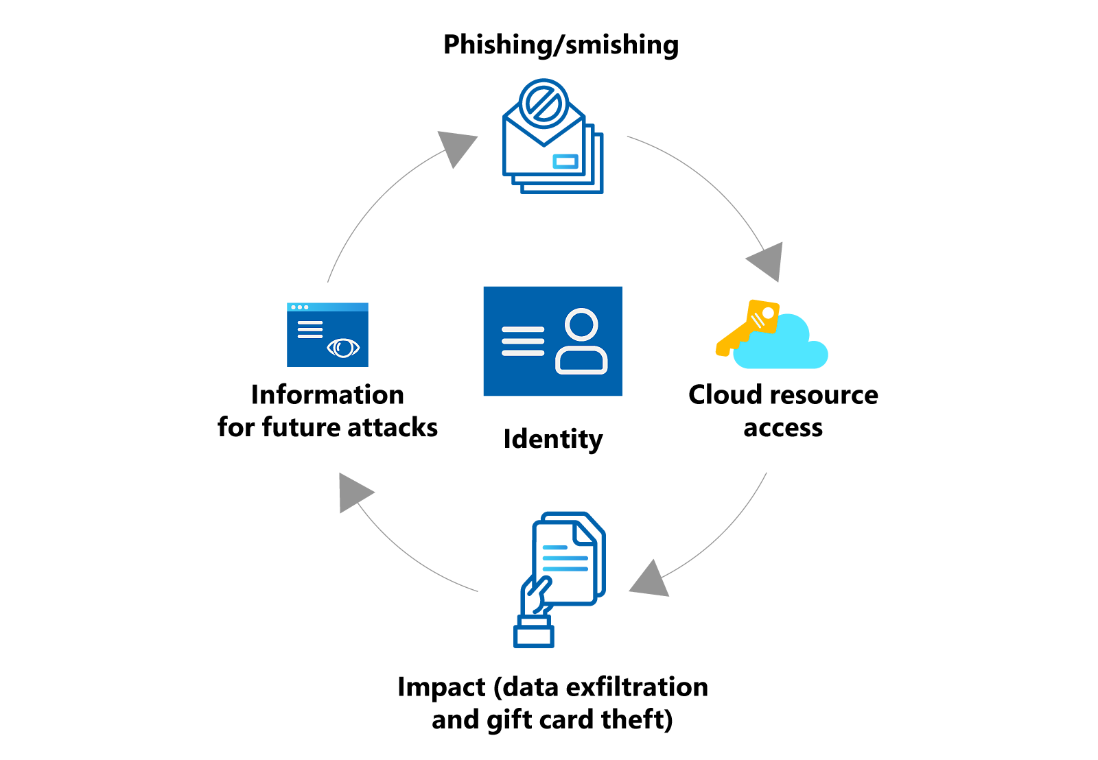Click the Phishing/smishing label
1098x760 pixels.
[561, 45]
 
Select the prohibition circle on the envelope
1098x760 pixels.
[544, 104]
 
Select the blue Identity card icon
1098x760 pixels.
[552, 341]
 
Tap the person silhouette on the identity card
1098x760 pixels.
[581, 341]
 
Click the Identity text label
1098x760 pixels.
[552, 439]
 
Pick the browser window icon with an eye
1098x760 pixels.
[327, 335]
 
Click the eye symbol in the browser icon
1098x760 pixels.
[343, 348]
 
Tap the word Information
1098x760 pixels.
[327, 395]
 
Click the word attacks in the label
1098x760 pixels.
[393, 427]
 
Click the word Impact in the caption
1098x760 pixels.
[441, 687]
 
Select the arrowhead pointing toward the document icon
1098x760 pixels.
[649, 579]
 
